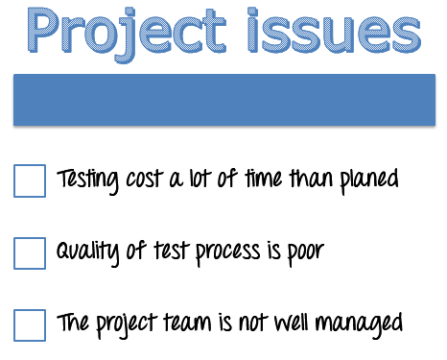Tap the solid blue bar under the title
223,100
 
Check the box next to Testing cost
30,180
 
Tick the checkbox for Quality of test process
30,252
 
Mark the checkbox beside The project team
30,324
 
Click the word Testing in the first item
88,180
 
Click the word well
294,323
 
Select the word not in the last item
253,323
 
